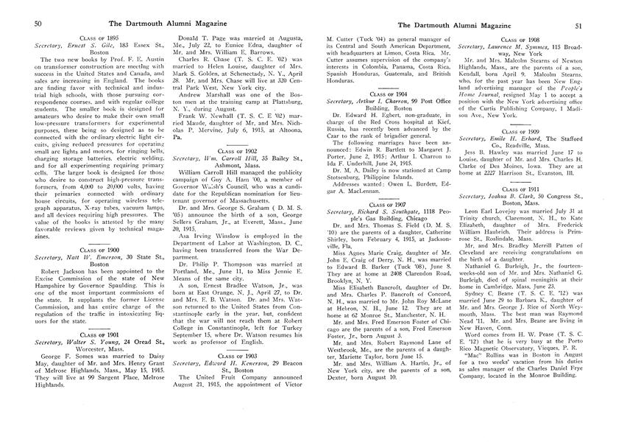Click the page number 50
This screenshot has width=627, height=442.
[x=18, y=24]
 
